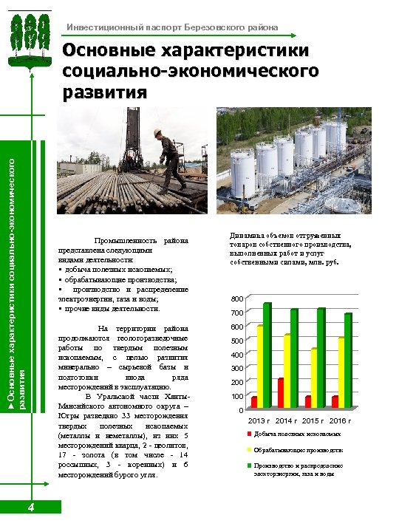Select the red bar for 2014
(x=281, y=393)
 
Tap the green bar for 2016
(x=348, y=360)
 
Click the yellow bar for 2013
(x=260, y=366)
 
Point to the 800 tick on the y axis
(x=236, y=299)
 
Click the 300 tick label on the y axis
(x=236, y=368)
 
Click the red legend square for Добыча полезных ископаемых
(x=249, y=434)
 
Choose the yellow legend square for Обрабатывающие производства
(x=249, y=450)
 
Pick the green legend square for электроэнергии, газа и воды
(x=249, y=466)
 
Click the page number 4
(x=30, y=507)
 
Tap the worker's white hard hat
(x=158, y=133)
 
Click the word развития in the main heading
(x=106, y=92)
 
